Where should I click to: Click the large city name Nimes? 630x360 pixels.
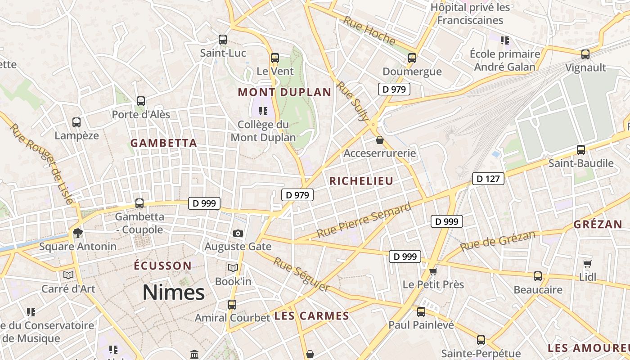174,293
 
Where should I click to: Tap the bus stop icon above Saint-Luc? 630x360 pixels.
223,39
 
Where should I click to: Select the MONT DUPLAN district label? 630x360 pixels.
284,92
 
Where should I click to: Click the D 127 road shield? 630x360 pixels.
488,179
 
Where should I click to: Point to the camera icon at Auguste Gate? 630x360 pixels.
238,233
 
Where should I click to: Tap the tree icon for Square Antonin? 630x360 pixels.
78,233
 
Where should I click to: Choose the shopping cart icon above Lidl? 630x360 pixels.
587,263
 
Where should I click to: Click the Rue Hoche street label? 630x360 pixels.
369,31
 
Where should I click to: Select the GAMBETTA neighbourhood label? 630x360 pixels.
164,143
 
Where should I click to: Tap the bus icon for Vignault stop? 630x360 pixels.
585,54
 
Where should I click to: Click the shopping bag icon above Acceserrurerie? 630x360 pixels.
380,140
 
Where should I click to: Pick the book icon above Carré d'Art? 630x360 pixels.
68,274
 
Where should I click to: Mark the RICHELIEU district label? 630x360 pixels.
361,181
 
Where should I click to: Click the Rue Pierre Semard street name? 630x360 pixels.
364,220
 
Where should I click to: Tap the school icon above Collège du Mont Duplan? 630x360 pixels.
263,111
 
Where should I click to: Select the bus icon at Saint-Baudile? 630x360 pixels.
581,150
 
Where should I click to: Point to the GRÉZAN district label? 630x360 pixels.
598,225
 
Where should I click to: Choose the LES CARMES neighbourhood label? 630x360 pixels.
312,316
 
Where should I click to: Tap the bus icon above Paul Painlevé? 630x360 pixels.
421,311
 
